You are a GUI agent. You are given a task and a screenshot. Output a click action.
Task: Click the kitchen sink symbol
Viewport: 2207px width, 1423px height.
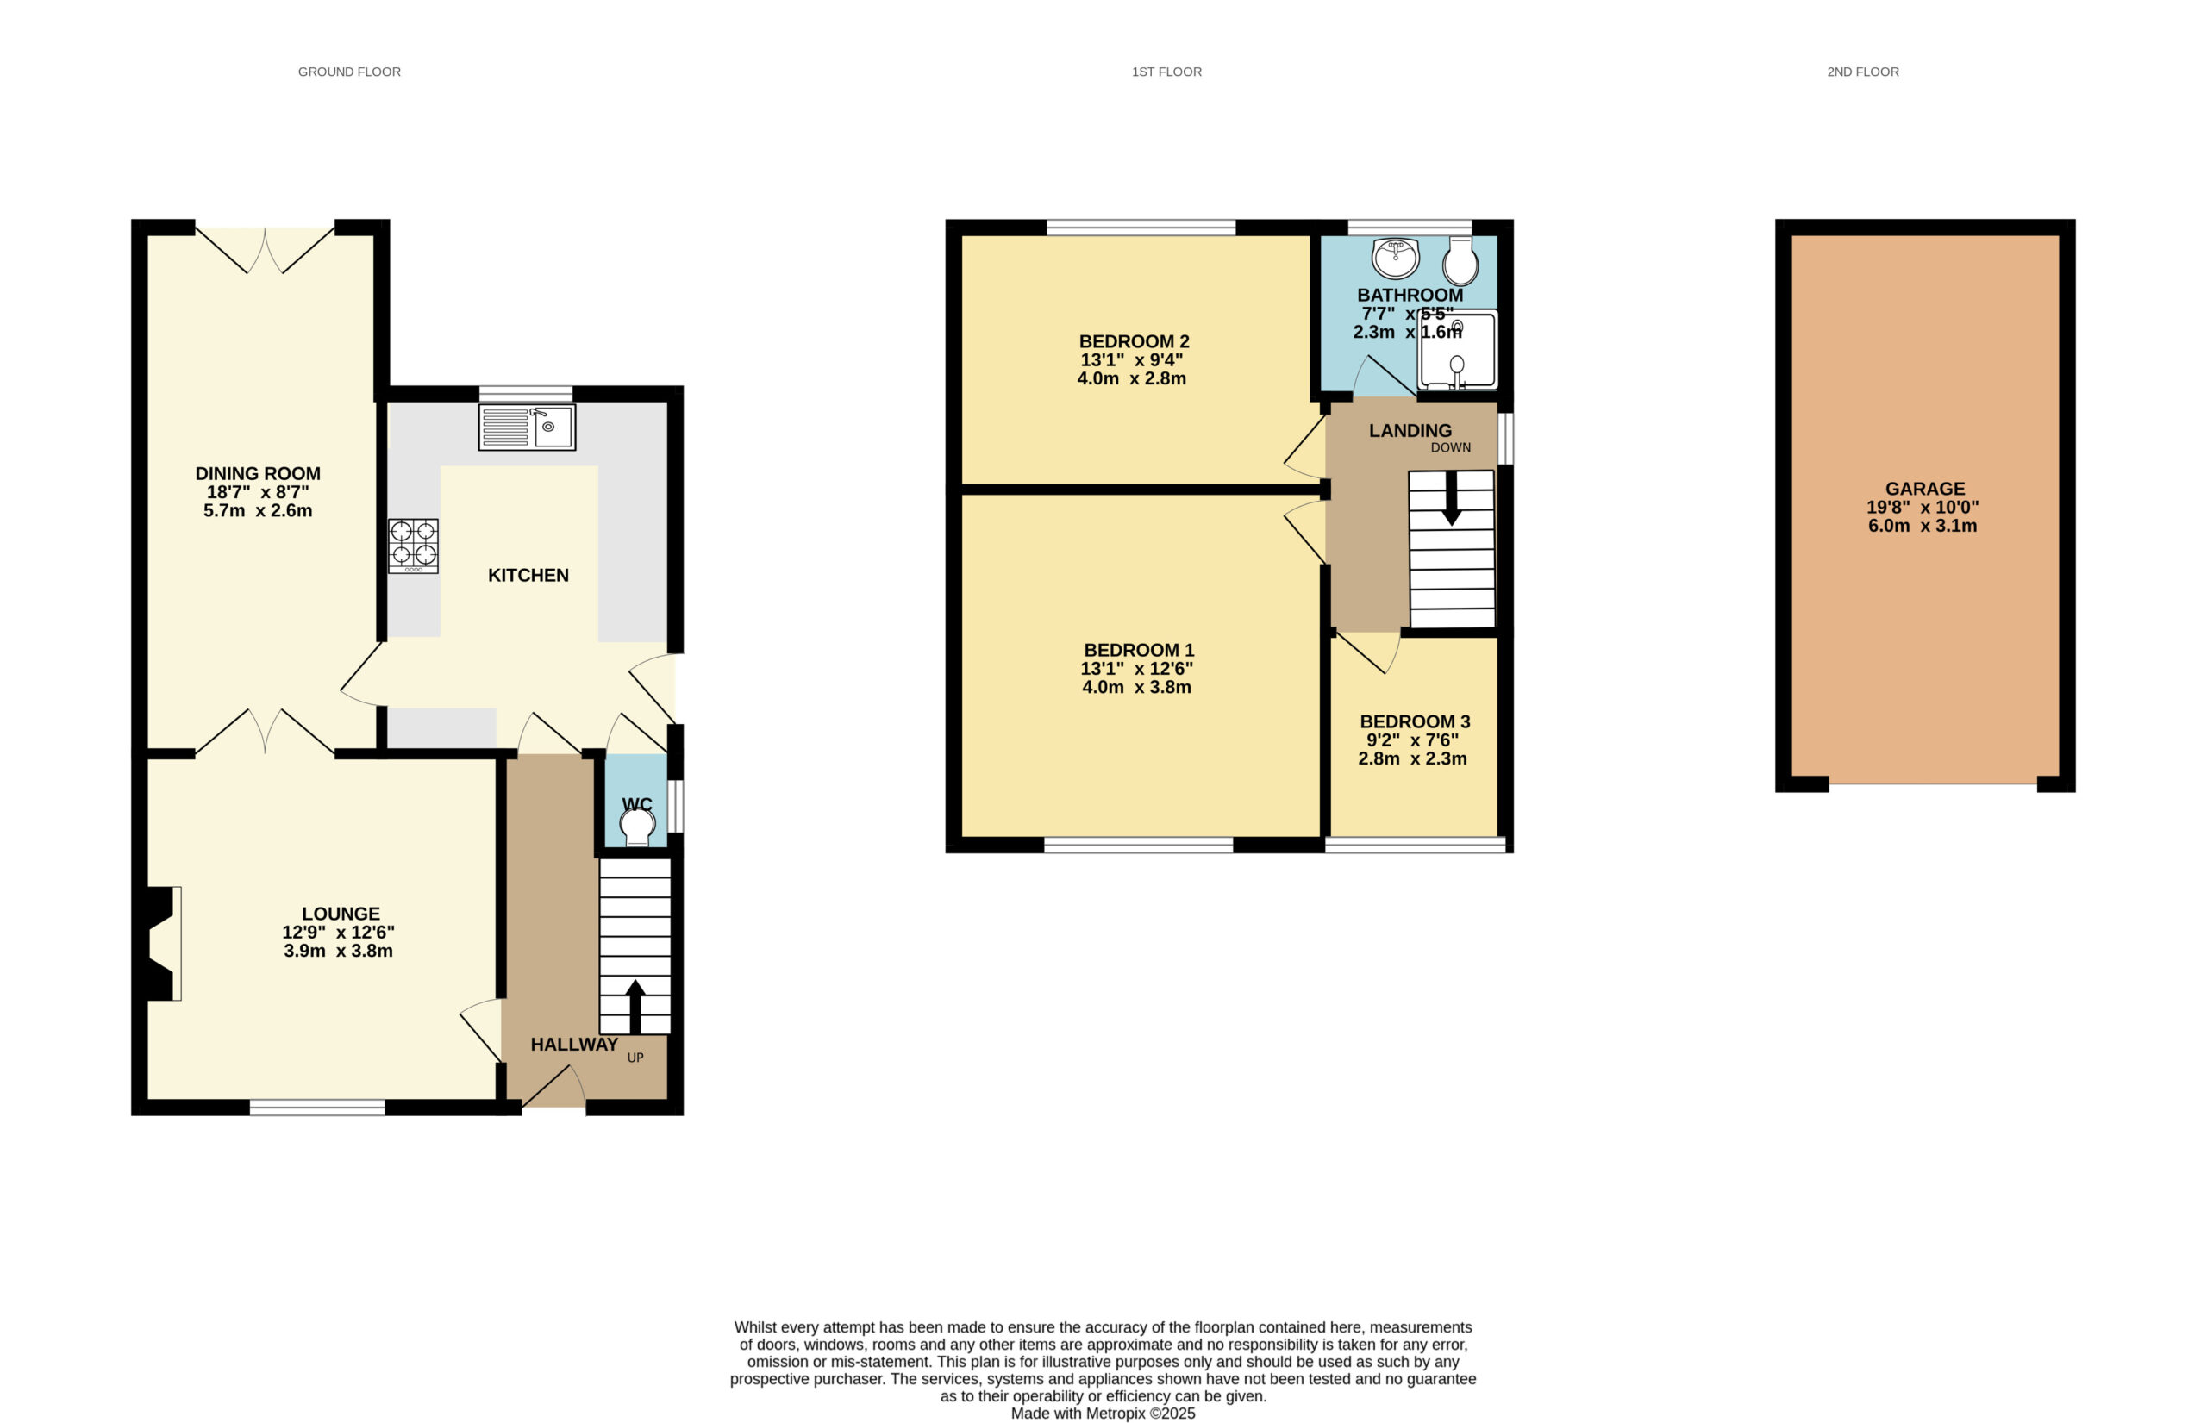(x=527, y=427)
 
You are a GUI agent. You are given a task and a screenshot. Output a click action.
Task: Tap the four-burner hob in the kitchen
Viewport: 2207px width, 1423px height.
(x=413, y=546)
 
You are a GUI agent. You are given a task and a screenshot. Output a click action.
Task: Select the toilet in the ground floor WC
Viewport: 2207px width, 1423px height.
(x=637, y=825)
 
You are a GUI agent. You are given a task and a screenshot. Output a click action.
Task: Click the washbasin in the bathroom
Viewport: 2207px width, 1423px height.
(x=1396, y=258)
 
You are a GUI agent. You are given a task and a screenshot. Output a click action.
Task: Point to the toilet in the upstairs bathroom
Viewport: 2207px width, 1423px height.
(x=1460, y=260)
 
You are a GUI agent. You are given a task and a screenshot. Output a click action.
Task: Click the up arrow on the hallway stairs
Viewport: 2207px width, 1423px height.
(x=635, y=1006)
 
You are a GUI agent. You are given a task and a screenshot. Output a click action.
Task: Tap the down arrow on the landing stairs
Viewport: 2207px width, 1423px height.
(x=1451, y=498)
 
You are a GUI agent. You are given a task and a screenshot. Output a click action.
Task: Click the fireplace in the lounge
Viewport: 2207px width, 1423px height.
(x=162, y=944)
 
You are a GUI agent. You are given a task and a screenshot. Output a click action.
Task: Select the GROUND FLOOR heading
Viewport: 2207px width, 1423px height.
(x=349, y=72)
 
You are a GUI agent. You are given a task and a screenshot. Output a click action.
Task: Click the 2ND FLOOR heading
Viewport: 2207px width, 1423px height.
(x=1862, y=72)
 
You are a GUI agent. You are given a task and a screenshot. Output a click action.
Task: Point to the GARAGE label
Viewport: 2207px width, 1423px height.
(x=1925, y=489)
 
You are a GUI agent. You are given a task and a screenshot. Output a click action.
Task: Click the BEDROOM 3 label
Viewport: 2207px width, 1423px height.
(x=1414, y=721)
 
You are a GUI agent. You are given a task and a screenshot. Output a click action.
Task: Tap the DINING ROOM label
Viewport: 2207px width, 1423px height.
(x=258, y=474)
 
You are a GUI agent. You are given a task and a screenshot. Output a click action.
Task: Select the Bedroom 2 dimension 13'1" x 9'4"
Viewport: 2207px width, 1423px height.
(x=1132, y=360)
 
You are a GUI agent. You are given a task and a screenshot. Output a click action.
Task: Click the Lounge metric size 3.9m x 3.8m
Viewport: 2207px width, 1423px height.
(x=338, y=951)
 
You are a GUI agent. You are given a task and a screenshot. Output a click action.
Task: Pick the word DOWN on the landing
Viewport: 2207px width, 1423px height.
(x=1450, y=448)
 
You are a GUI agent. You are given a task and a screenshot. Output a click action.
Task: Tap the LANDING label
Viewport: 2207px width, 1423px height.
(x=1410, y=431)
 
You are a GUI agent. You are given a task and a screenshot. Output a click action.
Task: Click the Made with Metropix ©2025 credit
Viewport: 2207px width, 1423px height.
(x=1103, y=1414)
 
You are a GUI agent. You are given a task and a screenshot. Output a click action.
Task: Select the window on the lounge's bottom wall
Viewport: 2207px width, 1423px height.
(x=317, y=1107)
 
